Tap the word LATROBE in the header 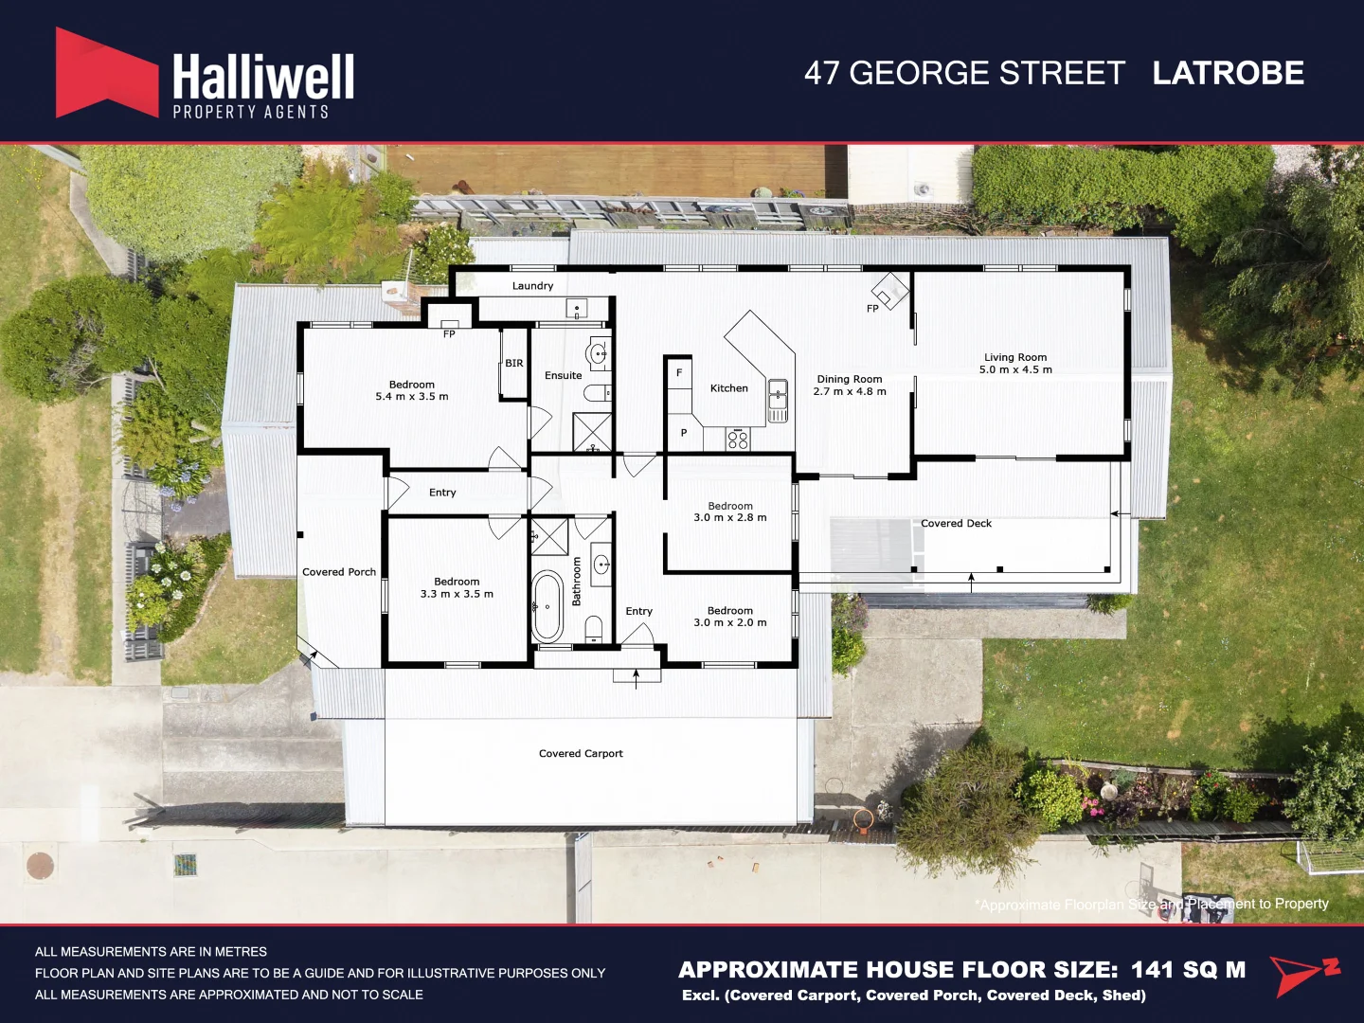[1228, 73]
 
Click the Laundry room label [532, 286]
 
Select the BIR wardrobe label [514, 364]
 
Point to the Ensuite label [563, 376]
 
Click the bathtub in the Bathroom [547, 606]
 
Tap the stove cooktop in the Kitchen [738, 439]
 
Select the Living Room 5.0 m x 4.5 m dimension [1015, 370]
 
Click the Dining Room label [850, 379]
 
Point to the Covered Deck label [956, 523]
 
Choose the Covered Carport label [581, 754]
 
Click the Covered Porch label [339, 572]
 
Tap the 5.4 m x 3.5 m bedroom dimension [412, 397]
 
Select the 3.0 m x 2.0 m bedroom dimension [730, 623]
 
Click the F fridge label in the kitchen [679, 373]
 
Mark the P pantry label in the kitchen [684, 433]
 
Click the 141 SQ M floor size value [1188, 970]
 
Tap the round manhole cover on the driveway [41, 865]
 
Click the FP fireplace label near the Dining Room [872, 309]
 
